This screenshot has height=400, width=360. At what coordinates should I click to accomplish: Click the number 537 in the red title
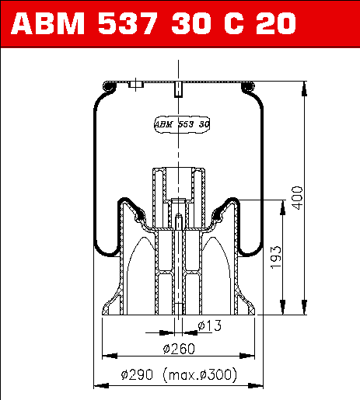128,23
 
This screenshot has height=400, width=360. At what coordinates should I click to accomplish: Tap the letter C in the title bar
234,23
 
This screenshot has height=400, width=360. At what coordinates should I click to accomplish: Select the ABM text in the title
47,23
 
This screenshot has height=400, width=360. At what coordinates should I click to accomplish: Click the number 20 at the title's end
276,23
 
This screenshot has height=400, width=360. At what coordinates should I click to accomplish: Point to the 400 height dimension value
297,198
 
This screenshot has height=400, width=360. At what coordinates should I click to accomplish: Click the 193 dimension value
275,258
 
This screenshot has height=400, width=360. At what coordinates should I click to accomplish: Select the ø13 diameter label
210,325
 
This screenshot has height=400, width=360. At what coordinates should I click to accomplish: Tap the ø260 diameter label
179,349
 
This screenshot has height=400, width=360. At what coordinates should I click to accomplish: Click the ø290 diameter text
137,374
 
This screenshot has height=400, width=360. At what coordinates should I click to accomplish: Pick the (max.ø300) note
200,374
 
